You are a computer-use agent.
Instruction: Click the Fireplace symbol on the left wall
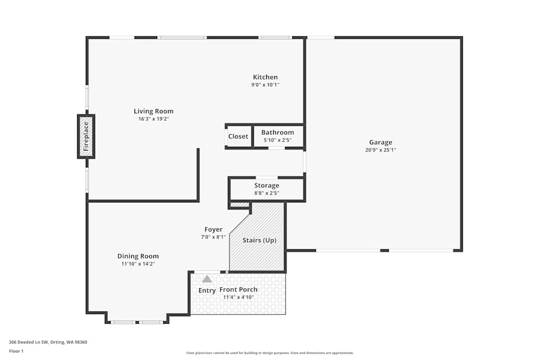click(86, 137)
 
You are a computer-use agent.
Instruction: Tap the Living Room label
click(153, 111)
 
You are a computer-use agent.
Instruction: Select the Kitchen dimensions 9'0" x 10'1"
click(265, 85)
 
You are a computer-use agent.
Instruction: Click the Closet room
click(238, 136)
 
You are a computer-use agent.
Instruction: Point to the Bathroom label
click(278, 132)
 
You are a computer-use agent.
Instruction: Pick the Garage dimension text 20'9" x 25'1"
click(381, 150)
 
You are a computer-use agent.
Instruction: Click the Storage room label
click(267, 186)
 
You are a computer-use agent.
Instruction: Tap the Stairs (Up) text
click(259, 240)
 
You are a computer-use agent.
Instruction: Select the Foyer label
click(213, 229)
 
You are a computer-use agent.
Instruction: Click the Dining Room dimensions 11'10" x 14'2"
click(138, 264)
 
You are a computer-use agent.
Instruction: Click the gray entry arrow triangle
click(207, 279)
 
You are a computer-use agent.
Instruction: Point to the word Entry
click(207, 290)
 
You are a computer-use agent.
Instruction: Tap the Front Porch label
click(238, 290)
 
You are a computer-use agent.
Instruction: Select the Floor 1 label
click(16, 351)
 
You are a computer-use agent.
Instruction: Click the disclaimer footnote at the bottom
click(270, 353)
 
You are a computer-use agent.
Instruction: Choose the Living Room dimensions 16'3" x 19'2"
click(153, 119)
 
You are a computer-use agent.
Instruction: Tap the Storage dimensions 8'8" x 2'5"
click(267, 193)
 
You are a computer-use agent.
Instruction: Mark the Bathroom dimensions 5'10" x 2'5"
click(278, 140)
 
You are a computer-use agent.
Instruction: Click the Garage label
click(381, 142)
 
